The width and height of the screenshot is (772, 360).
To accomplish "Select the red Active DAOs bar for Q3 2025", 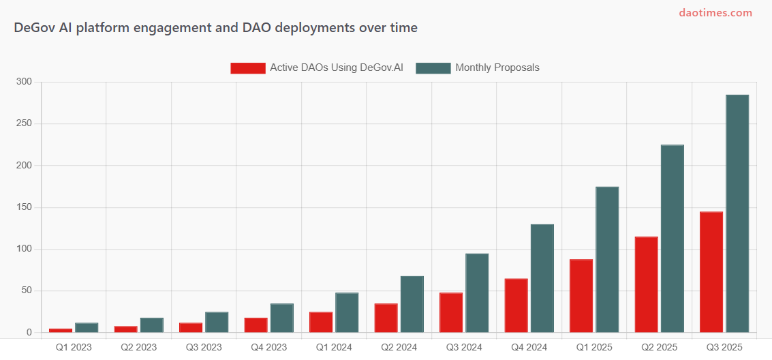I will tap(711, 272).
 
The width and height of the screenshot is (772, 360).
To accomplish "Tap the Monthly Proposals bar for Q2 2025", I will tap(672, 239).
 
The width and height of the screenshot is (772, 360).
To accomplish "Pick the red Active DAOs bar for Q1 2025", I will tap(581, 296).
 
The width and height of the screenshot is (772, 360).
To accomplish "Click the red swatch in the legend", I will tap(247, 67).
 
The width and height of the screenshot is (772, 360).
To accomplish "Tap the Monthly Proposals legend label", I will tap(497, 67).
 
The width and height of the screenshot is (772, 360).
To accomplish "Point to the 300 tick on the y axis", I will tap(25, 82).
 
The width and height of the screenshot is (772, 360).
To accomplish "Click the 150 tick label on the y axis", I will tap(25, 207).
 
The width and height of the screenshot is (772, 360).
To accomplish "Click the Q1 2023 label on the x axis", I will tap(73, 347).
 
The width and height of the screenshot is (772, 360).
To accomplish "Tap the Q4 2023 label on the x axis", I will tap(268, 347).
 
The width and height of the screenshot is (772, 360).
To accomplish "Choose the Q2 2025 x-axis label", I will tap(659, 347).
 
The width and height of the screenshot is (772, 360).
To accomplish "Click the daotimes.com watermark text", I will tap(715, 12).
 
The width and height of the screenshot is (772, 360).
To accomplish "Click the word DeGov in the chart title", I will tap(33, 28).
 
